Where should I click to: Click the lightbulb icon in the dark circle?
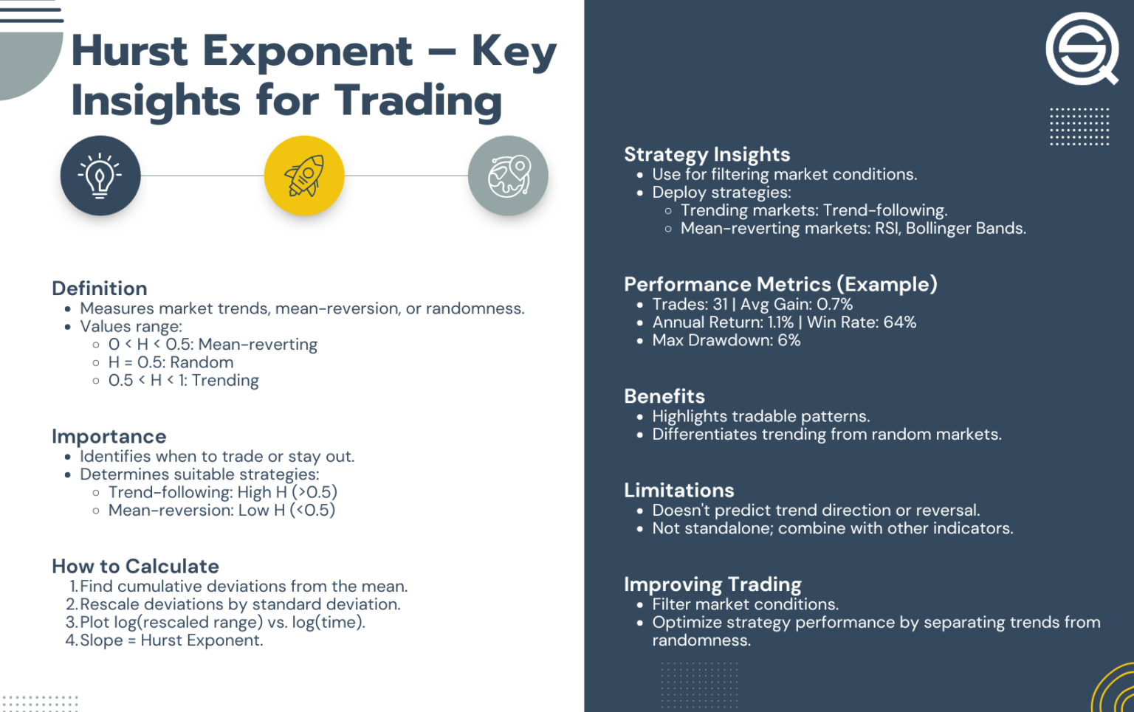coord(100,176)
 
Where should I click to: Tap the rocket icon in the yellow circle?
coord(304,176)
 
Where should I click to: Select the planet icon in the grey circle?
coord(508,176)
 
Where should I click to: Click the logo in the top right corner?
coord(1082,49)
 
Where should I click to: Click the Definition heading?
coord(100,288)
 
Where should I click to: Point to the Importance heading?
coord(109,437)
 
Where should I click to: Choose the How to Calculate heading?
coord(135,567)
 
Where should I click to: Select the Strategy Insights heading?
coord(707,154)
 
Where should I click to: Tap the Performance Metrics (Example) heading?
coord(780,284)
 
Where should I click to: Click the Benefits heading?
coord(664,396)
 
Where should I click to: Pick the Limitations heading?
coord(679,491)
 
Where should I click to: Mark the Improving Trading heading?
coord(712,584)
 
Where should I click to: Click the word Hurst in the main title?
coord(130,52)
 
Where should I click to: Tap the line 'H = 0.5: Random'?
coord(171,362)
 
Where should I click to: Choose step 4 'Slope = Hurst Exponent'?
coord(171,640)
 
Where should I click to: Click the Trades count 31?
coord(720,305)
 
